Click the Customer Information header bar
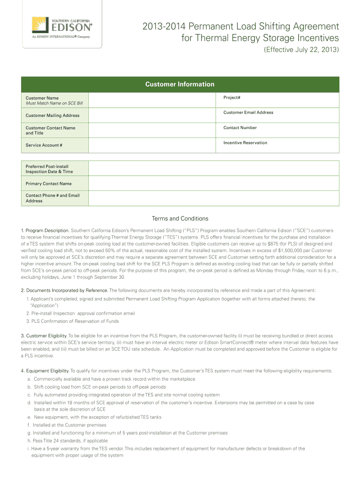180,84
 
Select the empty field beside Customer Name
152,100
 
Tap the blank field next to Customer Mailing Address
152,115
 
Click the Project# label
232,98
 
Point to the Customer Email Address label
248,112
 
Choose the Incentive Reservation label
245,143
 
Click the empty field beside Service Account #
152,145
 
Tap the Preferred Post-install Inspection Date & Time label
49,169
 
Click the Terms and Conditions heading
180,218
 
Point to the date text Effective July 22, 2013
302,50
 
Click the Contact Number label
240,128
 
